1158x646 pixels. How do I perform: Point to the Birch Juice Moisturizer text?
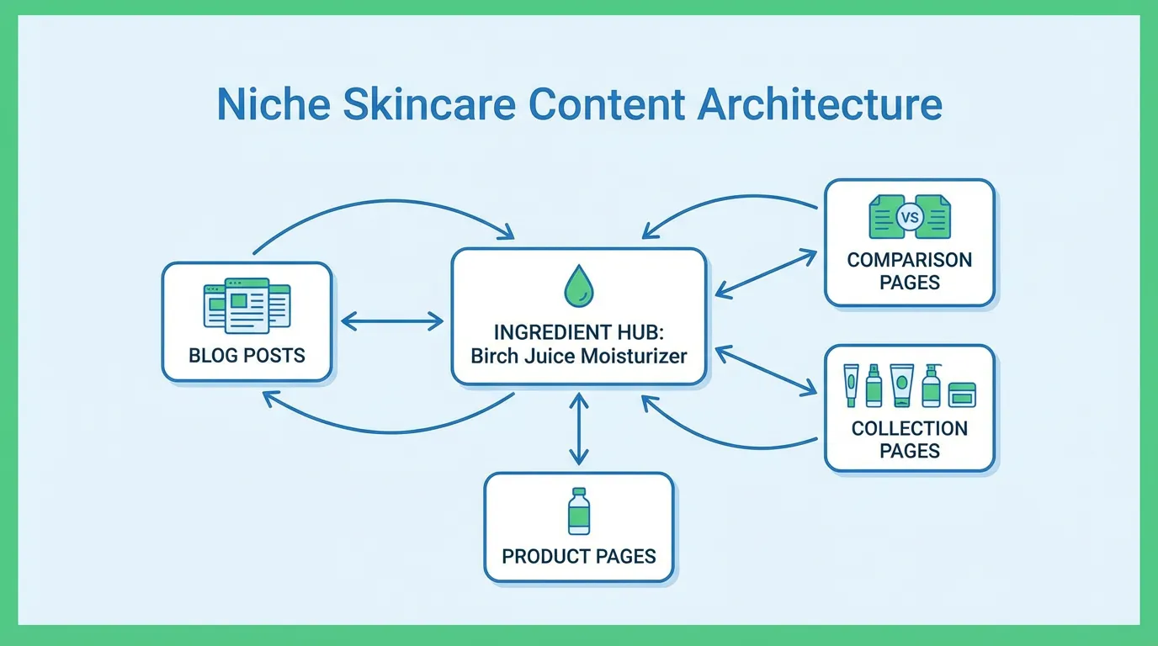(578, 355)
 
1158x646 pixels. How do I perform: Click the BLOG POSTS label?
(247, 354)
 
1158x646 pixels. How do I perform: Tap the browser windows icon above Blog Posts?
(247, 304)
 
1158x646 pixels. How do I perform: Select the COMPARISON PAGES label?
(909, 271)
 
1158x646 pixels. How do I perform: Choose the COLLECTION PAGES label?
(909, 439)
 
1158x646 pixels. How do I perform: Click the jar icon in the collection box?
(962, 394)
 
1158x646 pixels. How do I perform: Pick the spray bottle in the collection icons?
(874, 386)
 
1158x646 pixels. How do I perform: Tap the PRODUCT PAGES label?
(578, 556)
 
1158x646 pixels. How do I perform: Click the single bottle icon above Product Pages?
(578, 511)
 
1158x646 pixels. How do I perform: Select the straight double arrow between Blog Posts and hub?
(391, 320)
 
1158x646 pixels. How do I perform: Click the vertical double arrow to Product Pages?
(578, 429)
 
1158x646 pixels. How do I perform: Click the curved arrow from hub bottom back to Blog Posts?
(387, 429)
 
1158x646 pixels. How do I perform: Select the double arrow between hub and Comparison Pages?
(766, 273)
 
